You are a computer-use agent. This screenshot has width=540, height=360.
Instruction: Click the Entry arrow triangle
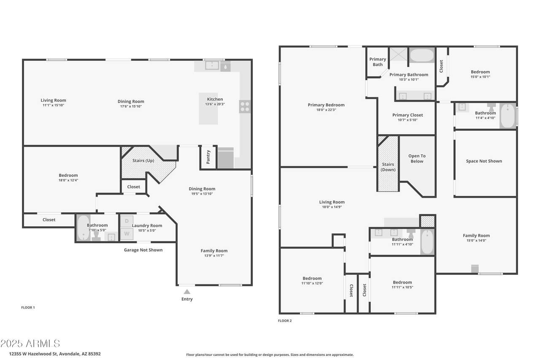(x=187, y=292)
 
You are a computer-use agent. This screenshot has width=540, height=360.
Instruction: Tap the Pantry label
(x=208, y=157)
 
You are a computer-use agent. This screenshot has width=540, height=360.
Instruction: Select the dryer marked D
(x=127, y=221)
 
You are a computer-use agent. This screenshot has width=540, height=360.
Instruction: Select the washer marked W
(x=127, y=233)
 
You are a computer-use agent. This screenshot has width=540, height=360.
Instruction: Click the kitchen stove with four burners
(x=245, y=107)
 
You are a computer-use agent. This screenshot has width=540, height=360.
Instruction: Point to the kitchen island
(x=208, y=109)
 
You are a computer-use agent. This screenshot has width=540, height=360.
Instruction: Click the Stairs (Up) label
(x=143, y=161)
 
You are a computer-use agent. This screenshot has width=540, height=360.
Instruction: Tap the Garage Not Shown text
(x=143, y=250)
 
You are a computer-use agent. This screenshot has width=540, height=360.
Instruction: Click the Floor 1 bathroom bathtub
(x=84, y=227)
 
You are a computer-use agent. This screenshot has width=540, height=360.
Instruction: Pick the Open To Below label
(x=417, y=159)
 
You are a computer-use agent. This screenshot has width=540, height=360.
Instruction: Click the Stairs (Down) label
(x=388, y=167)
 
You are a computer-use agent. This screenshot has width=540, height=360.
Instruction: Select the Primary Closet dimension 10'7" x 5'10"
(x=408, y=120)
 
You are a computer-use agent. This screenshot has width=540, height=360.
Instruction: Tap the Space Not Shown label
(x=484, y=161)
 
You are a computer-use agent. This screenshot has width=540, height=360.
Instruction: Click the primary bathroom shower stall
(x=399, y=54)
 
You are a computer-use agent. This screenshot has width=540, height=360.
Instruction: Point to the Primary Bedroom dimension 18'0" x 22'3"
(x=326, y=110)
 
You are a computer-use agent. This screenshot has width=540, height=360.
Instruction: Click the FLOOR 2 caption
(x=285, y=321)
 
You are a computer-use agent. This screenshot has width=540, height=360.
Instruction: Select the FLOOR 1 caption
(x=28, y=307)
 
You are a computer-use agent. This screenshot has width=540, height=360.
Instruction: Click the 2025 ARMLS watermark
(x=30, y=344)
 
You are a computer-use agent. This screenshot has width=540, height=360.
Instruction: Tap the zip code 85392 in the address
(x=94, y=354)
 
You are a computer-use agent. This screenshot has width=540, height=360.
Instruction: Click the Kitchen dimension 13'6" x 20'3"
(x=215, y=104)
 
